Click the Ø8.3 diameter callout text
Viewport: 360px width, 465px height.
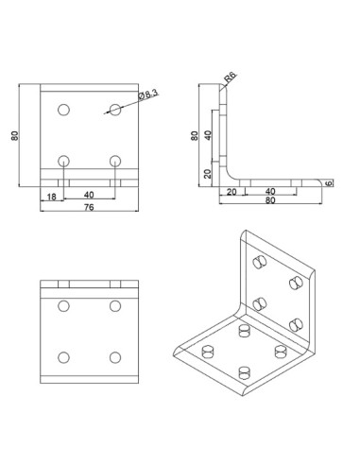click(148, 95)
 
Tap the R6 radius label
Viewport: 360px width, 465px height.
click(230, 77)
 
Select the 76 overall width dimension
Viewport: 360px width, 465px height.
click(89, 207)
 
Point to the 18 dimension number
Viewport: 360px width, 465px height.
click(51, 197)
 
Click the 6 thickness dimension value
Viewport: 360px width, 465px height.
click(329, 183)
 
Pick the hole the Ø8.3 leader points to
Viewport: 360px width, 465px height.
click(115, 110)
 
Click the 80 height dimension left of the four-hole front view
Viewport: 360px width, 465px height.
click(15, 135)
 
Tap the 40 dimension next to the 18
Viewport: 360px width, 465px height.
click(89, 195)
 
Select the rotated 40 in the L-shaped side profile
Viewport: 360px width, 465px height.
click(208, 136)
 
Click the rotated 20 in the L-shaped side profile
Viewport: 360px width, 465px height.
click(208, 174)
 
